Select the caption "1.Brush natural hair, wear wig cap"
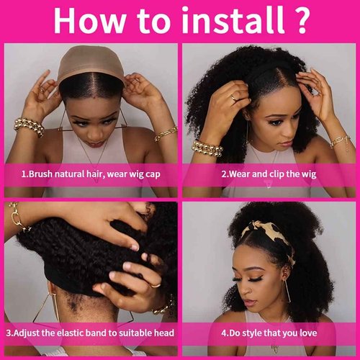tap(90, 173)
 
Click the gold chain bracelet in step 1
tap(165, 134)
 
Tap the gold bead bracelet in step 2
tap(207, 148)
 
